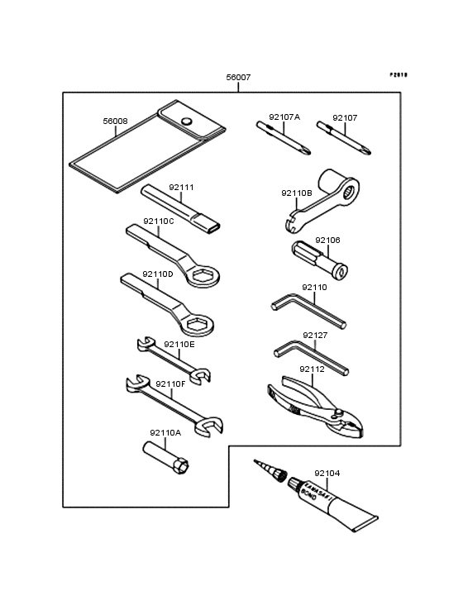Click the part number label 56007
click(x=239, y=78)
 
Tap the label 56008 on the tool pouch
click(x=115, y=121)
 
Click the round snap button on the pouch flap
click(x=187, y=121)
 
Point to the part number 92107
click(x=345, y=118)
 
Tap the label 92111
click(x=181, y=188)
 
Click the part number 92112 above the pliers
click(x=313, y=369)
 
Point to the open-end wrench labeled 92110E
click(x=173, y=357)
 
